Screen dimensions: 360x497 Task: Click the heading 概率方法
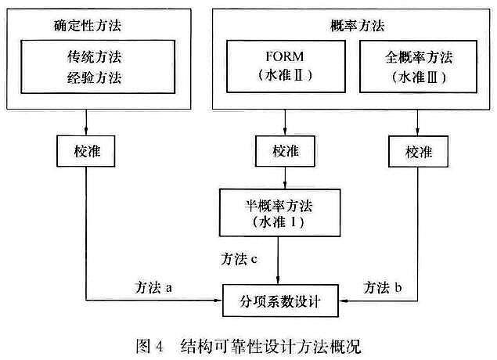(342, 26)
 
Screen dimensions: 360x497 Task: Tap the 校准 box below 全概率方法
(417, 149)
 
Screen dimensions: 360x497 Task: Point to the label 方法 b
(384, 289)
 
